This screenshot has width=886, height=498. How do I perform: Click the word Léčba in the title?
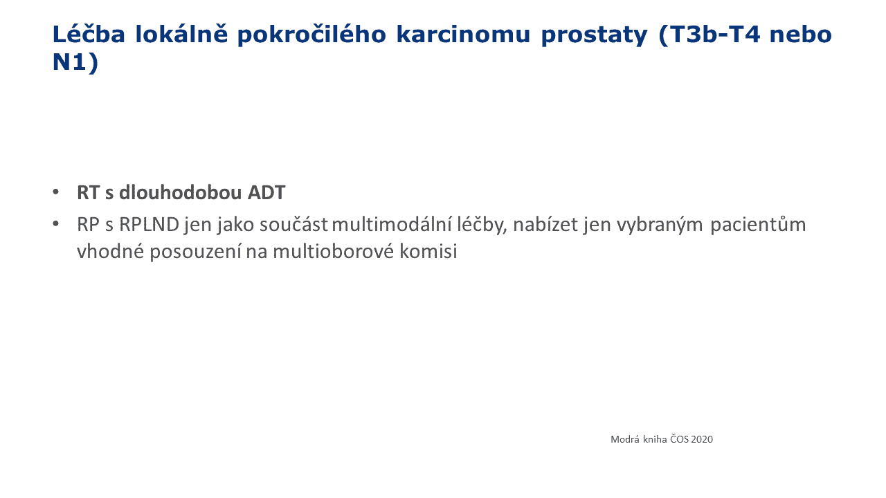89,33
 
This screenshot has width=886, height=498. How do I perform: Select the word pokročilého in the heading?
311,35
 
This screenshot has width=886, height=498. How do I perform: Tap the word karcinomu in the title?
463,34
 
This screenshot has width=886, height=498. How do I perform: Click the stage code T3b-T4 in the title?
709,35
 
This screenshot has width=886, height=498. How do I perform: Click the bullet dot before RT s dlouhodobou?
56,192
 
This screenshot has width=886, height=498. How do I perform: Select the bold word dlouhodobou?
181,192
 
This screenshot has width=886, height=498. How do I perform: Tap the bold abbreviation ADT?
266,193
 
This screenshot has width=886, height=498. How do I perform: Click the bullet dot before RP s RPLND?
56,224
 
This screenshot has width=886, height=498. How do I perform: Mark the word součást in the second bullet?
293,225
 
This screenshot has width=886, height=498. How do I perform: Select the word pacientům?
758,225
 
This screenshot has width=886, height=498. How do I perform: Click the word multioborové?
334,251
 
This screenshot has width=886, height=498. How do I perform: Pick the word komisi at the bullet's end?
428,251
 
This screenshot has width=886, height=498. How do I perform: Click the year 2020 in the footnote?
702,439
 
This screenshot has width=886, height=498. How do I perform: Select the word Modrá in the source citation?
625,439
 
